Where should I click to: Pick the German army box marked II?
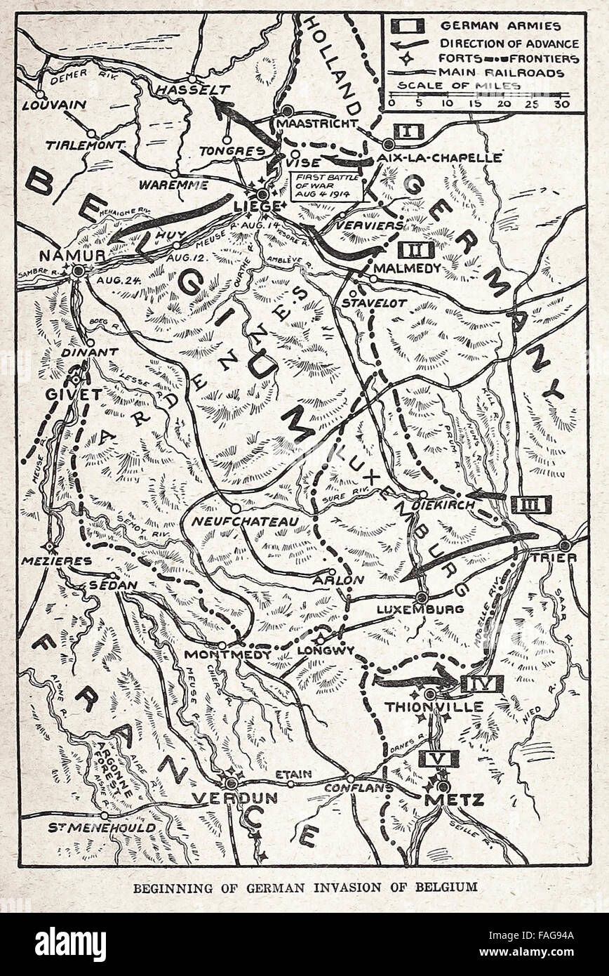click(416, 249)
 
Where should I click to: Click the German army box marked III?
click(531, 503)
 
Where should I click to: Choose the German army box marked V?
click(439, 758)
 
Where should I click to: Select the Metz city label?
click(444, 799)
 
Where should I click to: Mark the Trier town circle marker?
click(565, 545)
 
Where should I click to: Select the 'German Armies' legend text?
click(500, 27)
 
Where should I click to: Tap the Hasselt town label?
click(183, 90)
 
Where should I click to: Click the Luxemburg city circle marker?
click(421, 597)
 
